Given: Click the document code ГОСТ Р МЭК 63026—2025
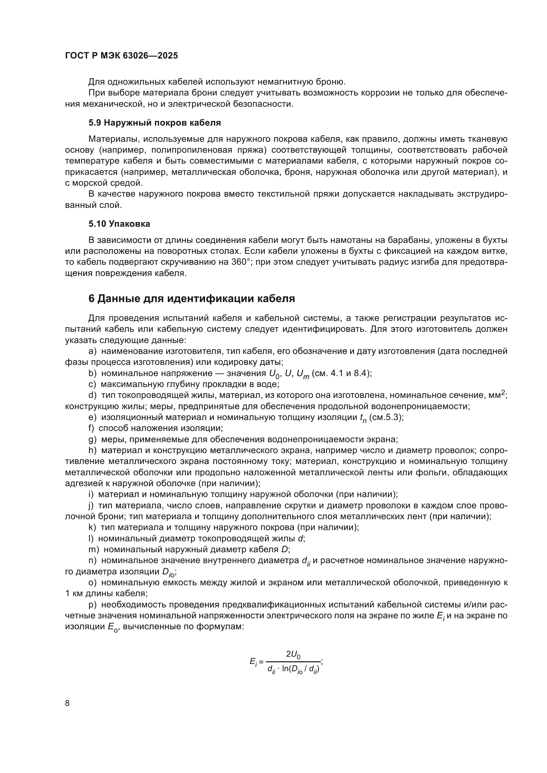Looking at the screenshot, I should (x=121, y=56).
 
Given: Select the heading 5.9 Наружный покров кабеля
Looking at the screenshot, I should (x=154, y=123).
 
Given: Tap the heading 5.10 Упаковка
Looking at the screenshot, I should (x=119, y=224).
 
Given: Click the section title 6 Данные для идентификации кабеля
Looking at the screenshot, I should (x=192, y=298).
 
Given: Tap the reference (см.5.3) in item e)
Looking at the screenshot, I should (x=386, y=417).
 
